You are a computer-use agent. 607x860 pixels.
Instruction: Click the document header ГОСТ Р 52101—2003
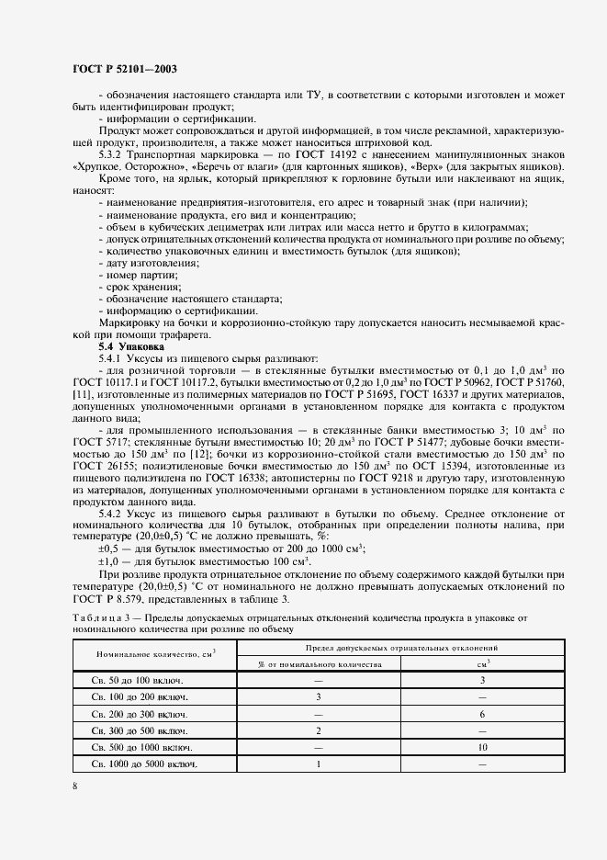pos(124,69)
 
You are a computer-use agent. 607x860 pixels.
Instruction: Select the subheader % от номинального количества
pos(318,662)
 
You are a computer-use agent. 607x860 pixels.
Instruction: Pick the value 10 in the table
pos(482,747)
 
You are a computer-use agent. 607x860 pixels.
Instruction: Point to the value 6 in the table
pos(482,714)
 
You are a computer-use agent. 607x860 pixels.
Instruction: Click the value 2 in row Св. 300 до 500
pos(318,730)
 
